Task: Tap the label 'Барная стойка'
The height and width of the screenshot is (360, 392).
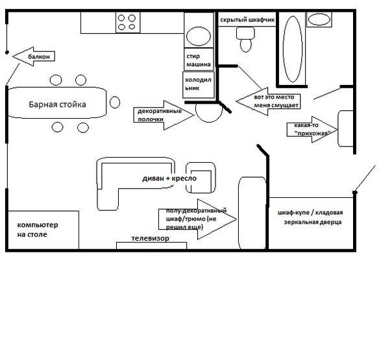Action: click(x=57, y=104)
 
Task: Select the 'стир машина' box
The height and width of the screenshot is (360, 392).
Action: click(x=198, y=60)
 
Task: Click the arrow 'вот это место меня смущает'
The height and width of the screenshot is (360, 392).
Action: click(x=267, y=101)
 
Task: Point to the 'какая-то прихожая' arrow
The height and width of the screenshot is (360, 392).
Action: click(x=312, y=128)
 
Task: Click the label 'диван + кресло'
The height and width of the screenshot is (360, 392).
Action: click(x=169, y=178)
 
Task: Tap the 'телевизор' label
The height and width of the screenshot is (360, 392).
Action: click(x=151, y=239)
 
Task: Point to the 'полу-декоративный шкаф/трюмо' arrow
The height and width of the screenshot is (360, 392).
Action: click(x=194, y=219)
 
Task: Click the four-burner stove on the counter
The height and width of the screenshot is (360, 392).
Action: click(x=127, y=23)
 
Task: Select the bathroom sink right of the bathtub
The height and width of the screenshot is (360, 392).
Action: click(x=319, y=19)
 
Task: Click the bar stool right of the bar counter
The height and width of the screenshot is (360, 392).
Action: click(x=115, y=102)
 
